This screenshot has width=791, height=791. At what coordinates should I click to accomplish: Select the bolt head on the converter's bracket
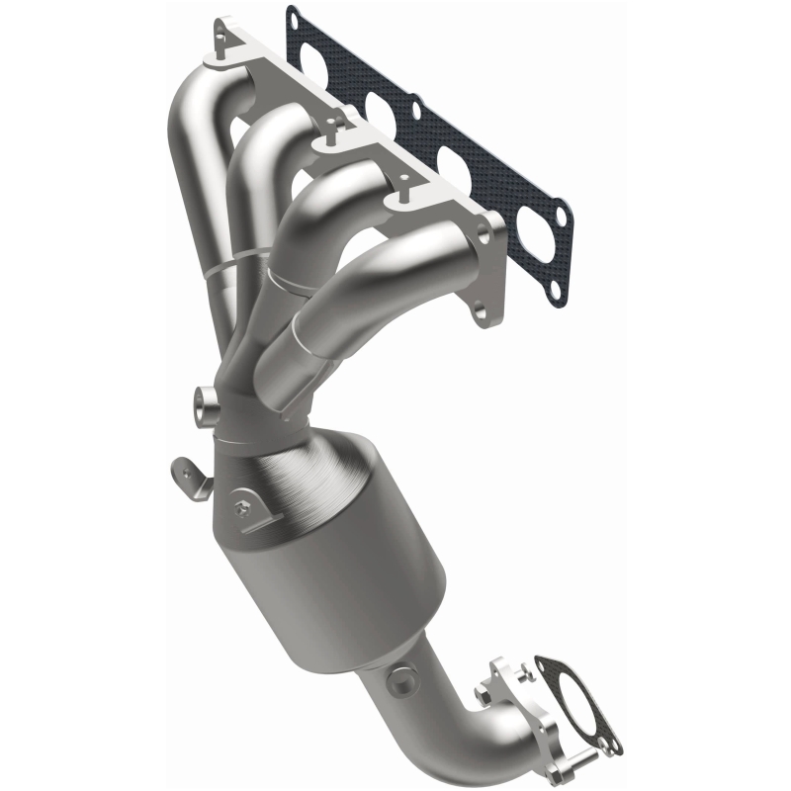point(241,509)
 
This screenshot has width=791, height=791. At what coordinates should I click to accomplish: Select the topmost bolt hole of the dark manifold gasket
point(293,16)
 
